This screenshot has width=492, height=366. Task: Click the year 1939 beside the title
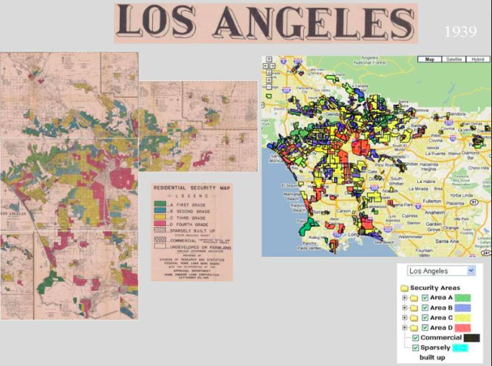(460, 32)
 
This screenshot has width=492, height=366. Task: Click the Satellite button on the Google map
(453, 60)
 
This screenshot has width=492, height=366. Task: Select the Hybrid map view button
(476, 60)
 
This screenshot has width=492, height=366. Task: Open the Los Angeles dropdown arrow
(470, 271)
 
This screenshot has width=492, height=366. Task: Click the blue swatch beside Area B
(468, 307)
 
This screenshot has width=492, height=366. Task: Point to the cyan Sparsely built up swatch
(459, 348)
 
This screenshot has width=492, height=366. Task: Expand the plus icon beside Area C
(404, 317)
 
